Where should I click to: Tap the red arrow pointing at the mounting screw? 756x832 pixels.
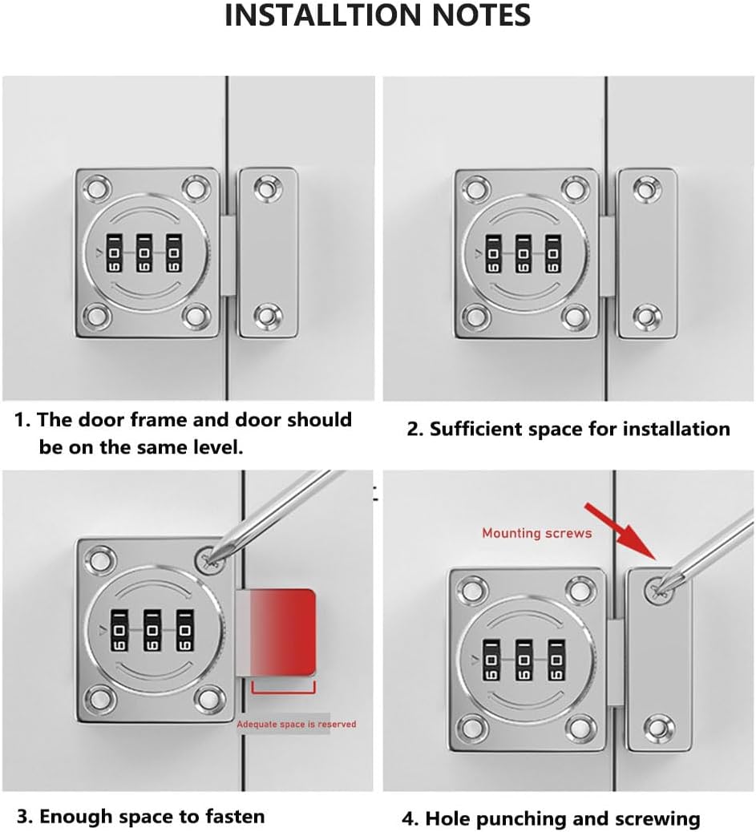(x=621, y=535)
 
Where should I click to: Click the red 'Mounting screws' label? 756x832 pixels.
(x=536, y=533)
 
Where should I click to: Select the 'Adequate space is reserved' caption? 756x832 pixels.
(x=296, y=724)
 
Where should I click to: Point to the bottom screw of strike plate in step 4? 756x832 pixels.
(x=658, y=728)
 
